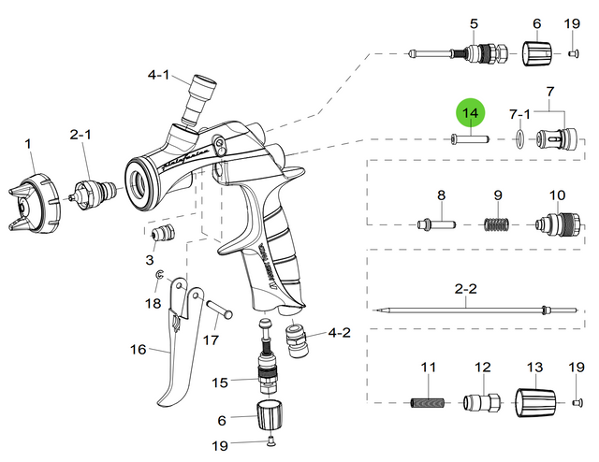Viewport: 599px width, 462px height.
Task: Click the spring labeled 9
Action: (x=498, y=224)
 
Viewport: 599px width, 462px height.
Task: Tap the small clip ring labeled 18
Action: (x=161, y=274)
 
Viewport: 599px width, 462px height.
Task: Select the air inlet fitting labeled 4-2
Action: (x=301, y=339)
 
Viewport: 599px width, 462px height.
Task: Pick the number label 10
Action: (x=558, y=195)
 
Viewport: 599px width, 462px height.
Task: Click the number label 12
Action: (x=483, y=368)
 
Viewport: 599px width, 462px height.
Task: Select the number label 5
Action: (x=474, y=23)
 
